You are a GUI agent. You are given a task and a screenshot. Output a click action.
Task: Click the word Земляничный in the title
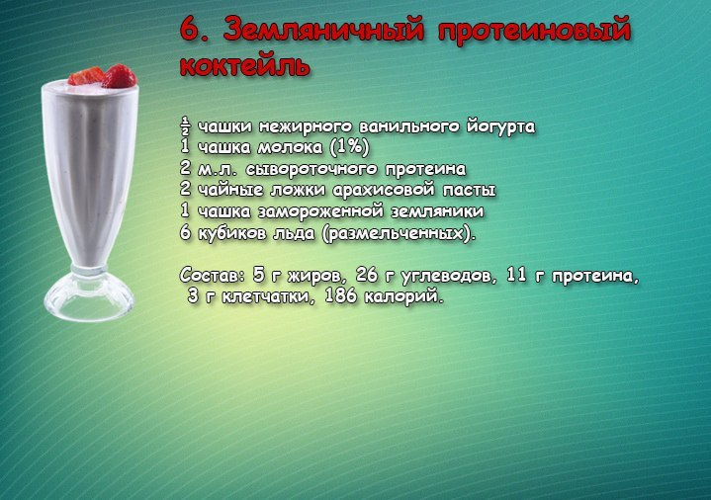pos(323,30)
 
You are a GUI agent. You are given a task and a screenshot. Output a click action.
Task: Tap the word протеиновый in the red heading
pos(534,31)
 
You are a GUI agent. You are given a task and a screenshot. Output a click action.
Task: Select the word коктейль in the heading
pos(245,66)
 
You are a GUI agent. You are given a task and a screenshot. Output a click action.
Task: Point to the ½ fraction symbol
pos(185,126)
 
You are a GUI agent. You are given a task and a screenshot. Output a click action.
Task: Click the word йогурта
pos(501,126)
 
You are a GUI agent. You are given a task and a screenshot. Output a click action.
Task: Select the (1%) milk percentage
pos(349,147)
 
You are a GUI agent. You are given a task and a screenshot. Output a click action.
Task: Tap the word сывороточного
pos(311,169)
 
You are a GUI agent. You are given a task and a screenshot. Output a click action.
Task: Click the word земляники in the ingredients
pos(437,210)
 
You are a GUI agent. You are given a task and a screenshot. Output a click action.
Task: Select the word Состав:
pos(213,275)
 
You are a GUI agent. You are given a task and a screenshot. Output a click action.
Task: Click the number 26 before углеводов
pos(367,274)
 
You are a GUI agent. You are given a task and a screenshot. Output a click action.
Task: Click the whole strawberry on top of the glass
pos(119,76)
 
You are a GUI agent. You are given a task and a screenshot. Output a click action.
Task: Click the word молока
pos(290,147)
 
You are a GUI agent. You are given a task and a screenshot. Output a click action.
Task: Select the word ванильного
pos(410,126)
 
